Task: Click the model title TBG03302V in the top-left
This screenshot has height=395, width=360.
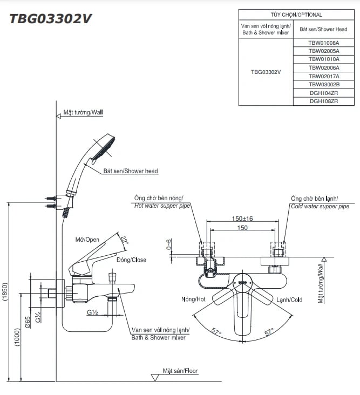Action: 50,18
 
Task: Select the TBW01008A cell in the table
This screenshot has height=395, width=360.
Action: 324,42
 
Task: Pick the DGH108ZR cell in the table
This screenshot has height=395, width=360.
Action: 324,101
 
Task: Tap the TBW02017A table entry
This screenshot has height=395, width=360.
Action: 324,76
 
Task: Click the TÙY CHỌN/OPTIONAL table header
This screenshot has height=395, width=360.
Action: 296,15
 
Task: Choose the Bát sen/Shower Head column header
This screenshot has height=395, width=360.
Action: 324,29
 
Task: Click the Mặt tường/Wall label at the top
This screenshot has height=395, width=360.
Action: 83,113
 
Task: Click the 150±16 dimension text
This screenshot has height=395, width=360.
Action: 243,219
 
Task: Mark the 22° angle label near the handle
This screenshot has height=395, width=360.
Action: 125,240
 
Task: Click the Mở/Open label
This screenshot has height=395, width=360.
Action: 87,239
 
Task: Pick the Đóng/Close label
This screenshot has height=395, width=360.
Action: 131,260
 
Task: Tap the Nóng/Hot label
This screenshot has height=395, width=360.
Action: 193,299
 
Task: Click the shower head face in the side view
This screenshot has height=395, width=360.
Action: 103,148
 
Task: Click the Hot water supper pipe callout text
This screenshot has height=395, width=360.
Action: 162,206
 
